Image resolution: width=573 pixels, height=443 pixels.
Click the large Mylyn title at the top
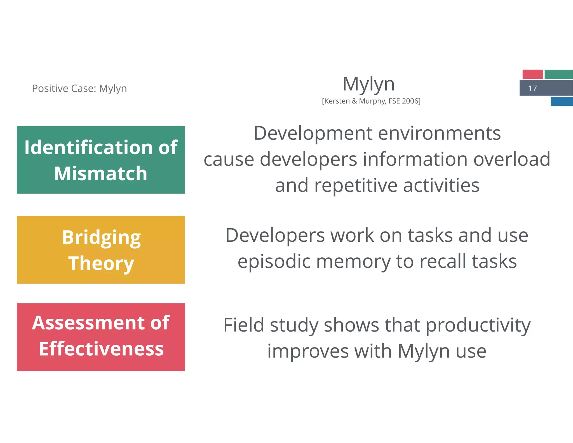(368, 84)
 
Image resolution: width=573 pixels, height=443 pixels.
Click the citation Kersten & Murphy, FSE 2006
(371, 101)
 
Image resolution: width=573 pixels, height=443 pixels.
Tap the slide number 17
(532, 88)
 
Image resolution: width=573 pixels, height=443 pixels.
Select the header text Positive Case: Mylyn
(79, 88)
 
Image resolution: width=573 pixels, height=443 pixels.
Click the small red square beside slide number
(532, 74)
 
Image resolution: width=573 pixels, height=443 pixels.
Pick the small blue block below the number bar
(562, 101)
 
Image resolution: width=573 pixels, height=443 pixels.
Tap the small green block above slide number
(558, 74)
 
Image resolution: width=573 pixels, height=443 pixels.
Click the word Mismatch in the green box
(101, 174)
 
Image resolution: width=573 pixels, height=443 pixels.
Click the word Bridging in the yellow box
(101, 237)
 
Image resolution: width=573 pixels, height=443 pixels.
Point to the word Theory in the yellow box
(101, 263)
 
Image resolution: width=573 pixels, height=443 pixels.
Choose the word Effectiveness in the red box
(101, 349)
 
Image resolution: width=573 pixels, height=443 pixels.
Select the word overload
(512, 159)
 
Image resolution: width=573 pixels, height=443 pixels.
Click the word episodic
(274, 261)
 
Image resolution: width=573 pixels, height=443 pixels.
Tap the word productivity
(478, 325)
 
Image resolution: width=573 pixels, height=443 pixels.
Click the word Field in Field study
(244, 325)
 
